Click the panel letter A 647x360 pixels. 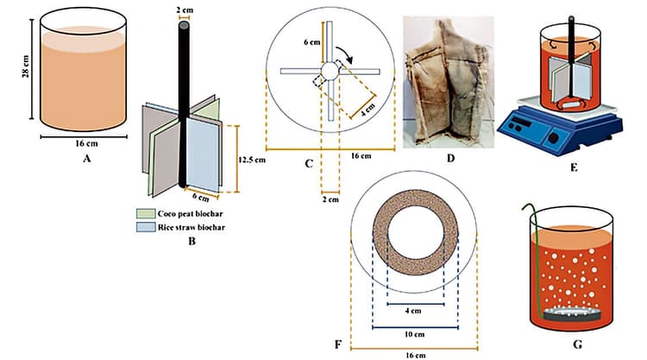[x=85, y=159]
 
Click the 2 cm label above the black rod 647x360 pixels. [x=185, y=9]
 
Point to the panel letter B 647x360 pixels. [x=192, y=243]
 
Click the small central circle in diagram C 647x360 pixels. [x=330, y=71]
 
